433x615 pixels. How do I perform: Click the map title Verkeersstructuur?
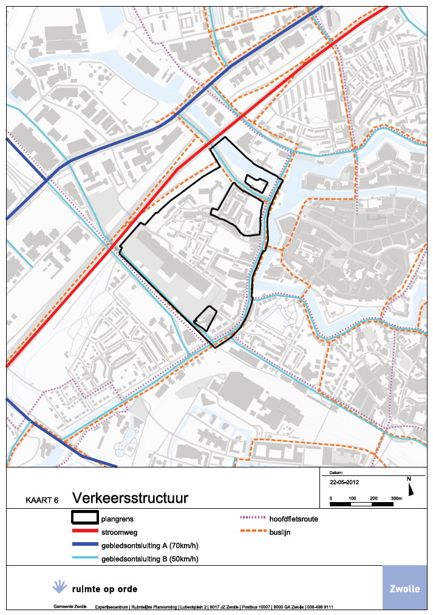[x=130, y=498]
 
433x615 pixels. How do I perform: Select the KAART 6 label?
[x=42, y=501]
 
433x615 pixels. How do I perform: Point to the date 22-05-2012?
[x=344, y=483]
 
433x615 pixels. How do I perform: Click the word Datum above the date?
[x=336, y=472]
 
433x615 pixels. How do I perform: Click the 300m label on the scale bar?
[x=396, y=498]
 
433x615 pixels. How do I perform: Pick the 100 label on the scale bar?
[x=352, y=498]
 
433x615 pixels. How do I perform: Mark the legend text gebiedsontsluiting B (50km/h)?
[x=149, y=559]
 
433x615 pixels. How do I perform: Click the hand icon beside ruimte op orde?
[x=59, y=586]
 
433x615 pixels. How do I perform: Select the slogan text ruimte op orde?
[x=104, y=589]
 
